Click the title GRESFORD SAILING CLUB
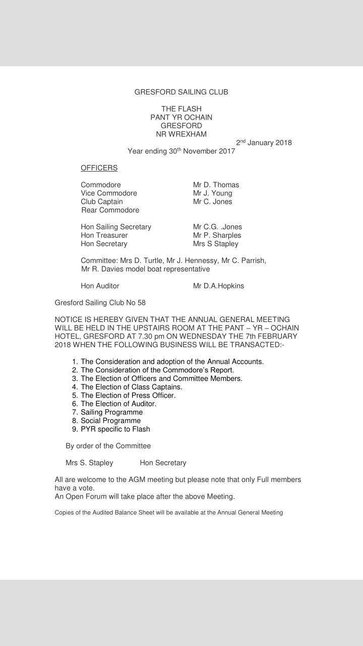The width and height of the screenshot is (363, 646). point(181,92)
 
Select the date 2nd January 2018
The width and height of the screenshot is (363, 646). point(264,142)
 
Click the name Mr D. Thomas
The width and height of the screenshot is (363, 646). point(216,185)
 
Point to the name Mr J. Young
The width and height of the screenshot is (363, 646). point(212,193)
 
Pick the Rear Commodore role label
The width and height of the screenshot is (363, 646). point(110,210)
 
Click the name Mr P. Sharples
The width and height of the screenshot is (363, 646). point(217,235)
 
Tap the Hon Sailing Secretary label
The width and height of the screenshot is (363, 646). point(116,227)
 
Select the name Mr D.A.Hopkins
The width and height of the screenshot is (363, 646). point(218,286)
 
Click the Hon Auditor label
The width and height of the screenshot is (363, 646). point(100,286)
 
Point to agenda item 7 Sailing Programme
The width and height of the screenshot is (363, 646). point(111,412)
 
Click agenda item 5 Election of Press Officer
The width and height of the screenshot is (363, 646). point(128,395)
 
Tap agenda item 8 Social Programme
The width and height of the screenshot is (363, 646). point(110,421)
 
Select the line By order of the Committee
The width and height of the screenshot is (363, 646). point(108,446)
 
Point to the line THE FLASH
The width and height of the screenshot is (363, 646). point(181,109)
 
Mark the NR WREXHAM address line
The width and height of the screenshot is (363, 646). point(181,134)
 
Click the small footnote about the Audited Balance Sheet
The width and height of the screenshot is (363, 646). point(169,513)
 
